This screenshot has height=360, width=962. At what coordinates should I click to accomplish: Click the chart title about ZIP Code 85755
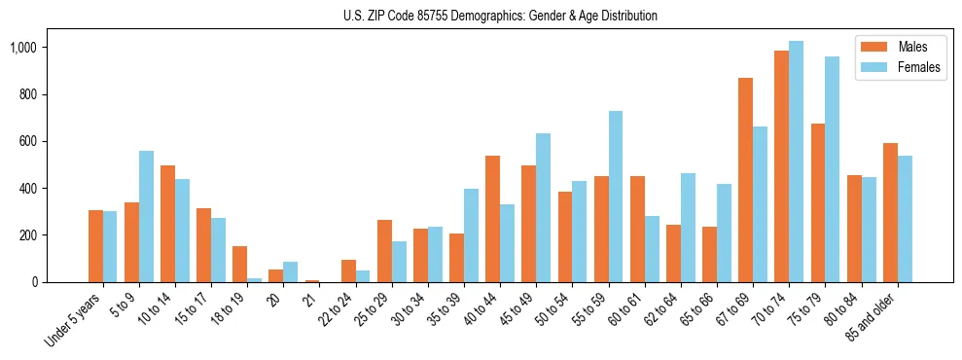click(500, 16)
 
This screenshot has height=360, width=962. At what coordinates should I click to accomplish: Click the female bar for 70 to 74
click(796, 162)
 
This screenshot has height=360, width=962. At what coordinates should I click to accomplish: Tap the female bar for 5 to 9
click(146, 216)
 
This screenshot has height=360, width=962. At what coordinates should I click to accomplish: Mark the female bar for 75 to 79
click(832, 169)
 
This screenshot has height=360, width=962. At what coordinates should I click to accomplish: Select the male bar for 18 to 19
click(239, 264)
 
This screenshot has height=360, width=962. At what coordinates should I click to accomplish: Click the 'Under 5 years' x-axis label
click(74, 320)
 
